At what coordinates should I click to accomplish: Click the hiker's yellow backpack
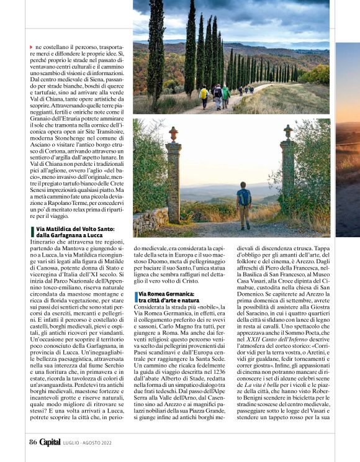[204, 94]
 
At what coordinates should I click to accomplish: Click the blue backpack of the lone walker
[244, 198]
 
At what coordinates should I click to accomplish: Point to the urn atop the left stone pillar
[173, 134]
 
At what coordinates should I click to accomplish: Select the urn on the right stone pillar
[287, 131]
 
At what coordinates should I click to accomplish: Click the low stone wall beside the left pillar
[151, 221]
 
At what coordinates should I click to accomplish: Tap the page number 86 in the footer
[33, 442]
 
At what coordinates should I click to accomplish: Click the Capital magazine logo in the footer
[50, 442]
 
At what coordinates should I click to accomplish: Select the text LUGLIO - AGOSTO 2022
[87, 442]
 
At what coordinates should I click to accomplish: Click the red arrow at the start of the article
[31, 47]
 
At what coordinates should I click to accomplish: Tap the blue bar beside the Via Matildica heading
[31, 232]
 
